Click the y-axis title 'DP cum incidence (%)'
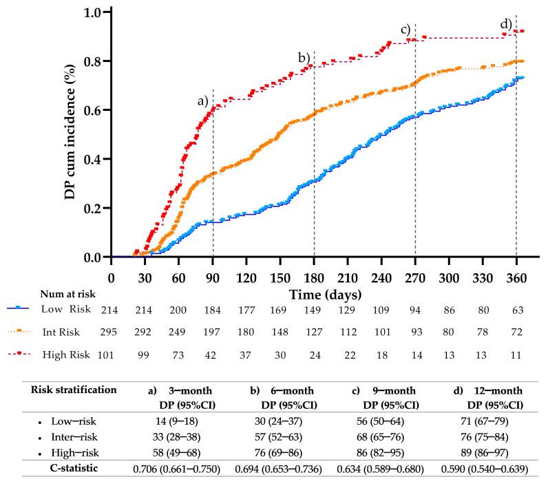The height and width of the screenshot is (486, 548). [x=71, y=134]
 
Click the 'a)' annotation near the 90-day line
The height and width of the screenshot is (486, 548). [x=202, y=101]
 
